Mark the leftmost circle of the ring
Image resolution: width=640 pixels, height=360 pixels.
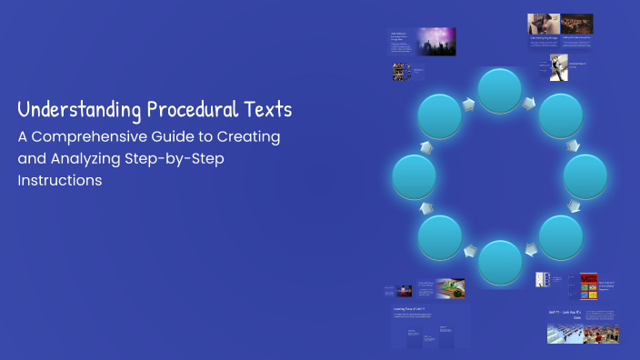click(415, 176)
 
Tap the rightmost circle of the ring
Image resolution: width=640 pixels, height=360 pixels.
click(586, 176)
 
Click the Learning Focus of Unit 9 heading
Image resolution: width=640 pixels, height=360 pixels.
click(412, 310)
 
